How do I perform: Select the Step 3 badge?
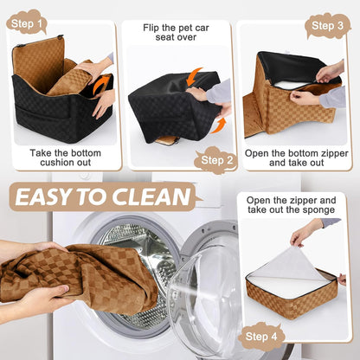pos(327,25)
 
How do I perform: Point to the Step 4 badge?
pos(261,337)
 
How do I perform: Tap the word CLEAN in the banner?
pos(156,197)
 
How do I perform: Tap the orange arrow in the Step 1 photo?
pos(102,84)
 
